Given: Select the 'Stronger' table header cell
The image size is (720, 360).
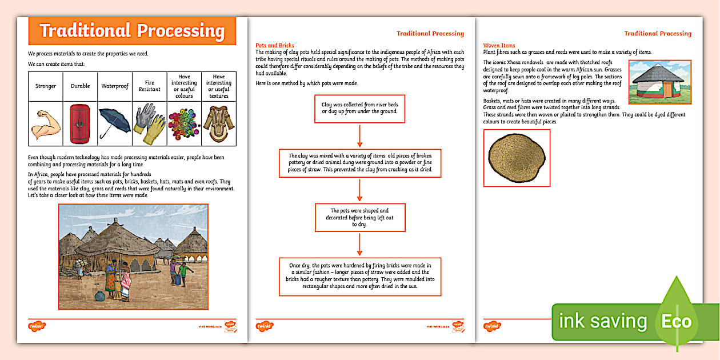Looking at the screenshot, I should pos(46,86).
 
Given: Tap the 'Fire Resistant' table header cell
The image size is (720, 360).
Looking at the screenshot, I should pos(149,86).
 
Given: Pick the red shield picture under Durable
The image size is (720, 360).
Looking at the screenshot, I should pos(80,123).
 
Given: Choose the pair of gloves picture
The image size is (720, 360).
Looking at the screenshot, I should pos(149,123).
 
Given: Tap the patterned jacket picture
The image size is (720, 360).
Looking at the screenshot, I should pos(219,123).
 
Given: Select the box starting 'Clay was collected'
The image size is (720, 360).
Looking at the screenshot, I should pos(359,109).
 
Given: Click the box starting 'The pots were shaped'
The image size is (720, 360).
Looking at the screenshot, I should pos(359,218).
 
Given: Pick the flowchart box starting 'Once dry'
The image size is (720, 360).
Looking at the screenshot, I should pos(359,277).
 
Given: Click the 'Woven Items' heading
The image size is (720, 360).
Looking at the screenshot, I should pos(499,45).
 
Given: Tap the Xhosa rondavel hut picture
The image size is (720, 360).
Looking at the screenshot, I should pos(659,82).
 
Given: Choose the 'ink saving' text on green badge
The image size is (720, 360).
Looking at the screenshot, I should pos(602,321).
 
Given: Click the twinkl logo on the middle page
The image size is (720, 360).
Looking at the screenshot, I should pos(264,326).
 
